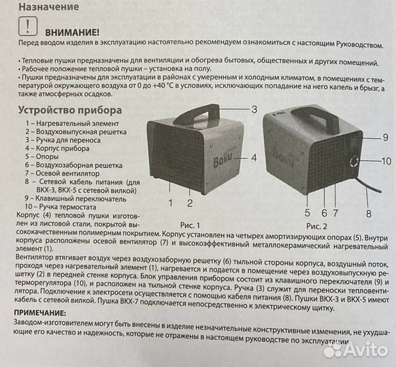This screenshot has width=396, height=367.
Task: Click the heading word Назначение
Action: (x=48, y=7)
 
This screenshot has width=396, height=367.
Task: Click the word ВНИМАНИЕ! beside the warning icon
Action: (x=71, y=32)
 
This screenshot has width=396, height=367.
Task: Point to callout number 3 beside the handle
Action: (x=254, y=109)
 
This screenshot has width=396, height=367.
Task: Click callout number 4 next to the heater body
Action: (x=254, y=157)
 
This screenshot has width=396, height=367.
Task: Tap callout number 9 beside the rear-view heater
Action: (x=384, y=137)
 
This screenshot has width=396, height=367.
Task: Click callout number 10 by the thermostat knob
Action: (x=386, y=161)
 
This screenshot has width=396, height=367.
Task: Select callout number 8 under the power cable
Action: (x=369, y=213)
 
